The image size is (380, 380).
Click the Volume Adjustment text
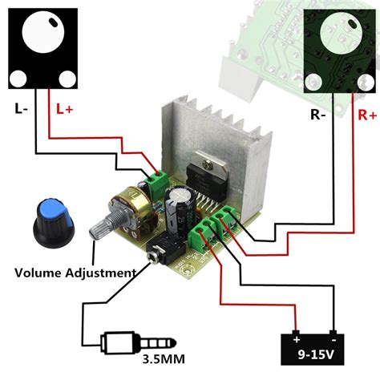coord(75,273)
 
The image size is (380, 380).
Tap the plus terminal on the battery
coord(296,334)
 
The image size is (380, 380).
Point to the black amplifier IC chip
coord(205,180)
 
